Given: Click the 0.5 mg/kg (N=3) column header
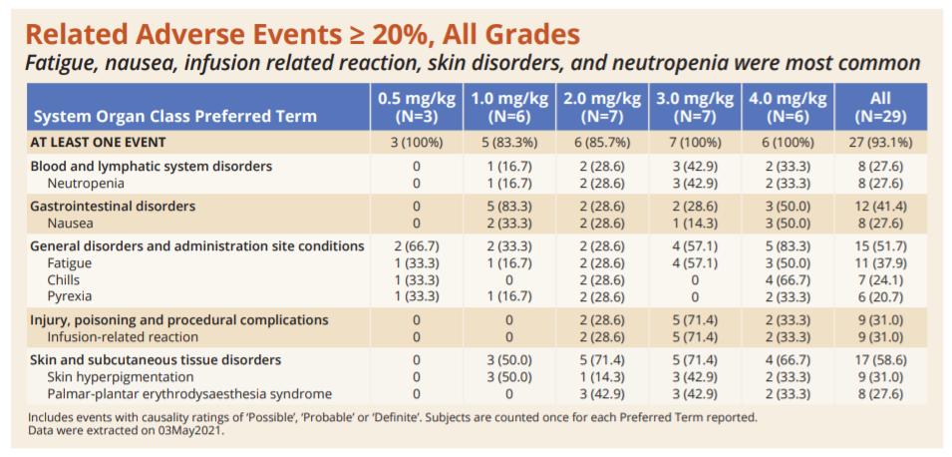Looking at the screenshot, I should [x=416, y=107].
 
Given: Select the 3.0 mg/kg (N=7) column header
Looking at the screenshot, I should [x=695, y=107].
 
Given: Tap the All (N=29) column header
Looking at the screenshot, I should [x=879, y=107].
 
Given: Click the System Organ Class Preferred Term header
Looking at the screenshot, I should [x=174, y=116].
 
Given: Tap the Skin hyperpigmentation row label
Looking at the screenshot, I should [x=121, y=377].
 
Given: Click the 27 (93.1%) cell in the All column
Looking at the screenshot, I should [x=879, y=143].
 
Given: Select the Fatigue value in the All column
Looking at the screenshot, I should [x=879, y=263].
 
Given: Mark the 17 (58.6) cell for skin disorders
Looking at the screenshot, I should [x=879, y=360].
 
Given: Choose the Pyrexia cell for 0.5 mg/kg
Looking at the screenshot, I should [x=416, y=297].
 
